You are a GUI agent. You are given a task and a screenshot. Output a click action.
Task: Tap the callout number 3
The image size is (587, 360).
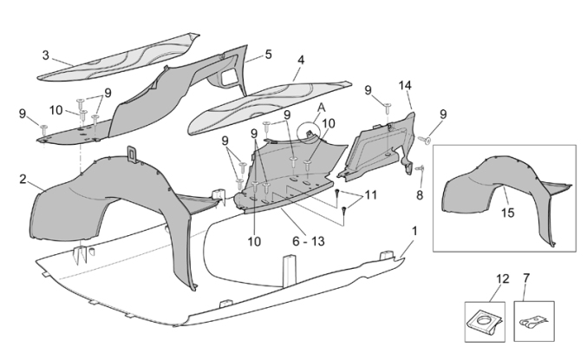(x=45, y=56)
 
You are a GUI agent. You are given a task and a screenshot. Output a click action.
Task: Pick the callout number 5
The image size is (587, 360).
(x=268, y=54)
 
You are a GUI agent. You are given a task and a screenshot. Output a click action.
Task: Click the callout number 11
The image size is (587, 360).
(x=370, y=196)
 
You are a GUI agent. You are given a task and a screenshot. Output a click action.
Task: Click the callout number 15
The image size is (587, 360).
(x=507, y=213)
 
